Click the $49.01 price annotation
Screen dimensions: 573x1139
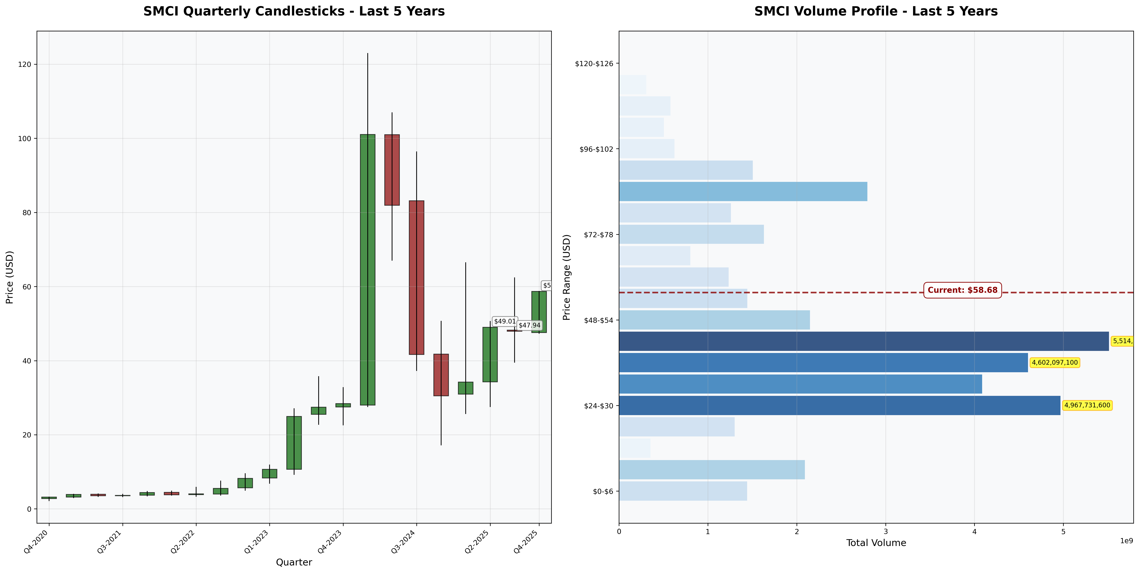point(505,321)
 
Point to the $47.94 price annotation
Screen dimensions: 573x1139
point(529,325)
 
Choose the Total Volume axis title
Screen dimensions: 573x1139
point(876,543)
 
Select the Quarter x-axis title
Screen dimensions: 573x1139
point(294,562)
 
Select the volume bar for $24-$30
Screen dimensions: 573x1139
point(839,405)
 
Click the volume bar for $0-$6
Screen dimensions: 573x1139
point(683,491)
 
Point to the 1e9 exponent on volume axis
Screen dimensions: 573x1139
point(1126,541)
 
